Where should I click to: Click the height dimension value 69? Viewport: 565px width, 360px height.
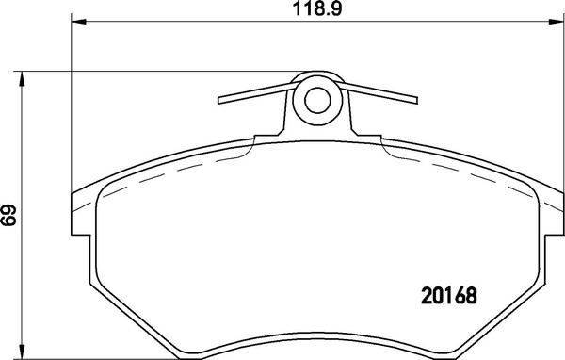(x=9, y=215)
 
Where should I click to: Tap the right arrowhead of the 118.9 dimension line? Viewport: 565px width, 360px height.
(x=552, y=22)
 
